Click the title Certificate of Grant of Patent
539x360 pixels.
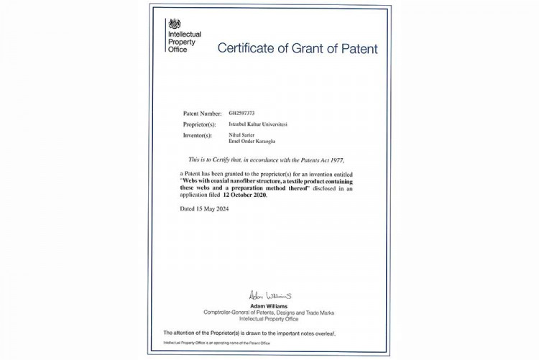(x=297, y=49)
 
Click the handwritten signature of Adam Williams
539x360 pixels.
(x=269, y=295)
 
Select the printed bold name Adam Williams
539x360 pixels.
(x=269, y=304)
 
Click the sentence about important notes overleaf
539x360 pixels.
(x=249, y=333)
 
